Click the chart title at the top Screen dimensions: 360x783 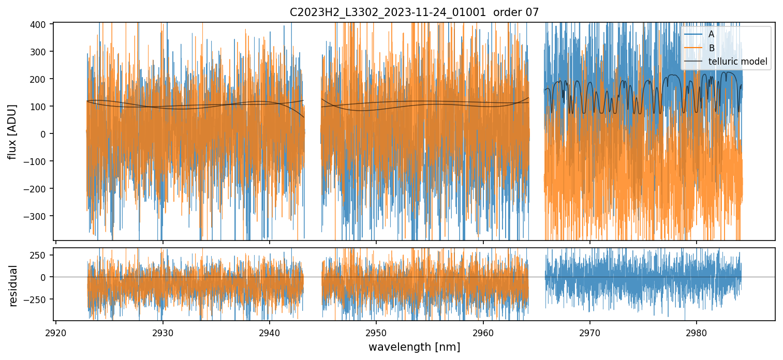(x=414, y=12)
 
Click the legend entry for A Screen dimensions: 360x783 (x=711, y=34)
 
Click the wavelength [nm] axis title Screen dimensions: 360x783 (x=414, y=347)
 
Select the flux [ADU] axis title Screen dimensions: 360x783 (x=11, y=131)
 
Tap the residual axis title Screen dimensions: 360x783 (x=13, y=286)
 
